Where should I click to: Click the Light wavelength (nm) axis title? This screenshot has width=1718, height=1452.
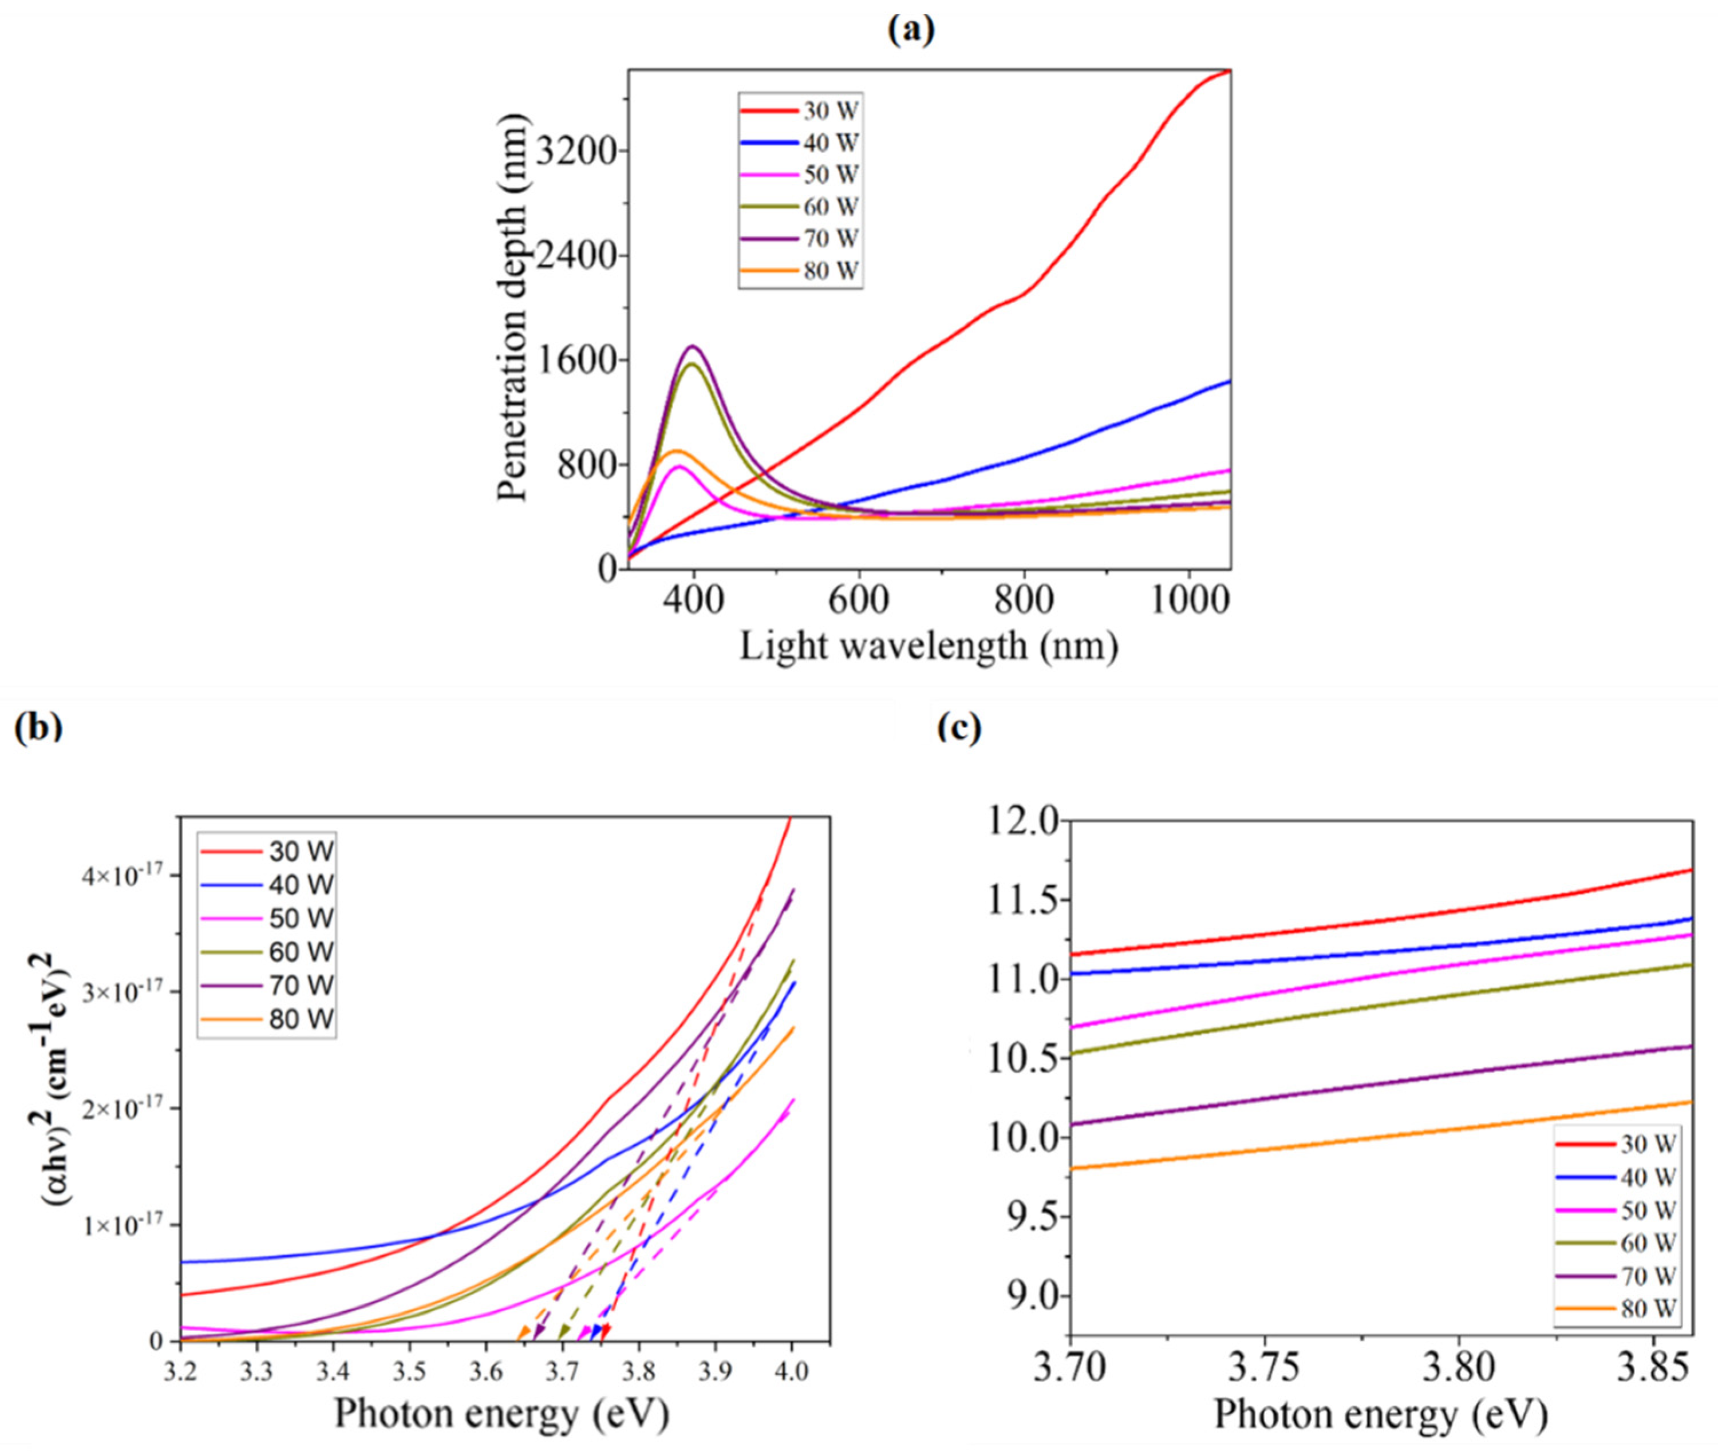click(929, 646)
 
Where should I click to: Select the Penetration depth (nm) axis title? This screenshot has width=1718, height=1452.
click(511, 306)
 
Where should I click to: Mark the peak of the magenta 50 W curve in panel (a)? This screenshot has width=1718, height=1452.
click(679, 466)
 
